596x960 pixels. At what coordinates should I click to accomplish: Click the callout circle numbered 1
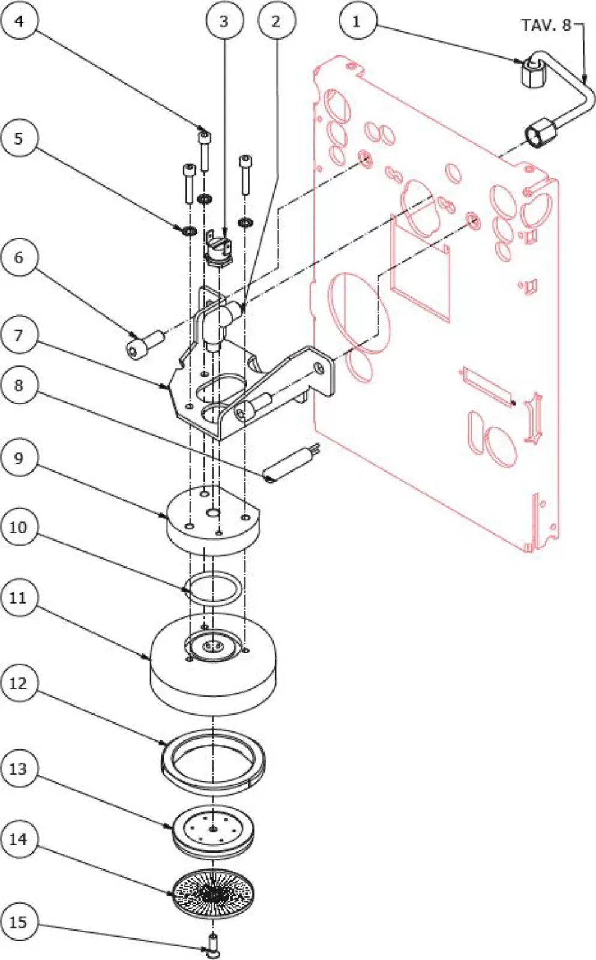click(x=357, y=22)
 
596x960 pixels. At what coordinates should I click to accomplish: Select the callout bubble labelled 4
click(x=19, y=22)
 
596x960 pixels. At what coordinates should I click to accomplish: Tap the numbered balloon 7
click(x=19, y=335)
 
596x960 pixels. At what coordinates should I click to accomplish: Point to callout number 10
click(x=19, y=527)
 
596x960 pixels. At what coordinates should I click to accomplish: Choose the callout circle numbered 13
click(x=19, y=769)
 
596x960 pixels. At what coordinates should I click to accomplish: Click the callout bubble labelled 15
click(x=19, y=922)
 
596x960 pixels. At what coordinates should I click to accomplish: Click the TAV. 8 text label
click(x=546, y=25)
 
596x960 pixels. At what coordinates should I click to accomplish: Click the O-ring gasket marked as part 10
click(x=213, y=589)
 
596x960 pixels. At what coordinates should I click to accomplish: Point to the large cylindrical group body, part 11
click(x=213, y=672)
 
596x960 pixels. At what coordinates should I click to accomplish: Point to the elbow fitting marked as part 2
click(x=219, y=321)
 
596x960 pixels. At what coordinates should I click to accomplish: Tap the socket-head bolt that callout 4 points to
click(x=205, y=150)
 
